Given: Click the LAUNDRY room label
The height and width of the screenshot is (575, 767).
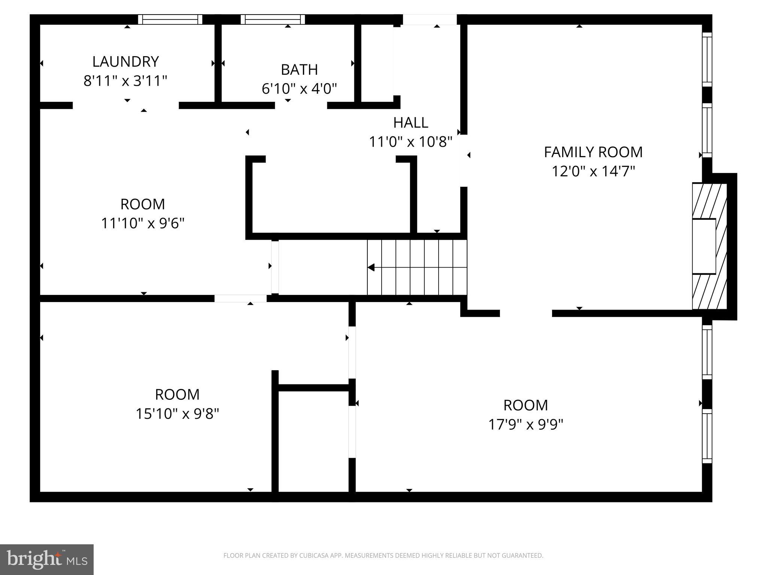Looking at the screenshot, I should [125, 61].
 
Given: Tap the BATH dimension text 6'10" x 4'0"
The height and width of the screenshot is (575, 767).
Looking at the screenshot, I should [299, 89].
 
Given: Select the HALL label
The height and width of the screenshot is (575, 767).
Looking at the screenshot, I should [410, 123].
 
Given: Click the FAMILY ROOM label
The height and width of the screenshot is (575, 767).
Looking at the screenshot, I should [593, 152].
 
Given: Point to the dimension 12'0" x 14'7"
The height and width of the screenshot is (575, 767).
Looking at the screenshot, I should [593, 171].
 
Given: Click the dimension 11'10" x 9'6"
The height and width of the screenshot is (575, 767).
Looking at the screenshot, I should [143, 223].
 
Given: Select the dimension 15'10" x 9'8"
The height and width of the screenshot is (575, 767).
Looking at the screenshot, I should [177, 414].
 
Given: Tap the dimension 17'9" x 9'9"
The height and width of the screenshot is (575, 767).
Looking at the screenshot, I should [525, 425].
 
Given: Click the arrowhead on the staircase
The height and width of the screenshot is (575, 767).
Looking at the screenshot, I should [371, 267].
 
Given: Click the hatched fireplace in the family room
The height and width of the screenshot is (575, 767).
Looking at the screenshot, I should [709, 246].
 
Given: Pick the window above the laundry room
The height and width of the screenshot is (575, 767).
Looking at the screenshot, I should [170, 19].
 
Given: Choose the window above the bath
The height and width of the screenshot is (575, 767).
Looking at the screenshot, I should [273, 19].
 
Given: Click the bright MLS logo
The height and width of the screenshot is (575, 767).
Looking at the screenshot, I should [47, 560].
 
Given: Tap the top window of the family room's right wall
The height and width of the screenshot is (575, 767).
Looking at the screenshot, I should [707, 59].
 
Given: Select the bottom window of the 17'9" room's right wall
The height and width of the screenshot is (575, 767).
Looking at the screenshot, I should [707, 436].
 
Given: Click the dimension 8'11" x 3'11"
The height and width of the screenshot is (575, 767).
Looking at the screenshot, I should [125, 81].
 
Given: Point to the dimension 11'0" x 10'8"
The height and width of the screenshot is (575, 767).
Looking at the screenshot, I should [410, 142].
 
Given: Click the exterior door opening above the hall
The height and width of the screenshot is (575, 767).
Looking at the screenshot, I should [430, 19].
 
